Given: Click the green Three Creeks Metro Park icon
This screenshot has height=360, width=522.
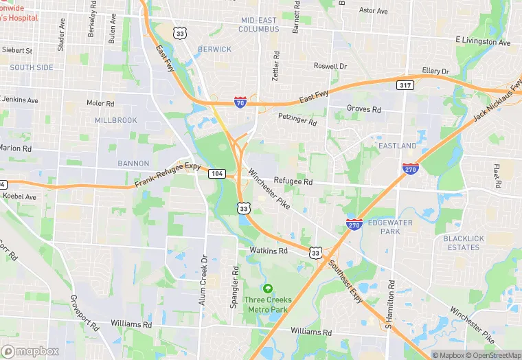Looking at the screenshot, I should click(x=268, y=289).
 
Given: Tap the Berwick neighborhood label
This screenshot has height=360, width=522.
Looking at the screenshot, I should click(x=214, y=49).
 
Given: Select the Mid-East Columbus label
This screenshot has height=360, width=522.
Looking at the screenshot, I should click(x=259, y=25).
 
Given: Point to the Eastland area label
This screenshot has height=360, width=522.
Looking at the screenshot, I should click(x=397, y=146).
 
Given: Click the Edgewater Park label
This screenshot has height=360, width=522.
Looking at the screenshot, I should click(x=384, y=227).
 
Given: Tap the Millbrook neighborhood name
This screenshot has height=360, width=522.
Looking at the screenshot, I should click(x=116, y=120).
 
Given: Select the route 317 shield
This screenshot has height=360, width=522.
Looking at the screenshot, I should click(x=405, y=85).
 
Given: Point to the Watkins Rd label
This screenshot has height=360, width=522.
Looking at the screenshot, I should click(x=268, y=251).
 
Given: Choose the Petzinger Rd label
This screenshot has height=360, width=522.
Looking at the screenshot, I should click(x=297, y=120).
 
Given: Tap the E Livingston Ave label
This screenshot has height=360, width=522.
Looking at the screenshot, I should click(x=483, y=43).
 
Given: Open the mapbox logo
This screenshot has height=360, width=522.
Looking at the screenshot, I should click(x=30, y=351).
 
